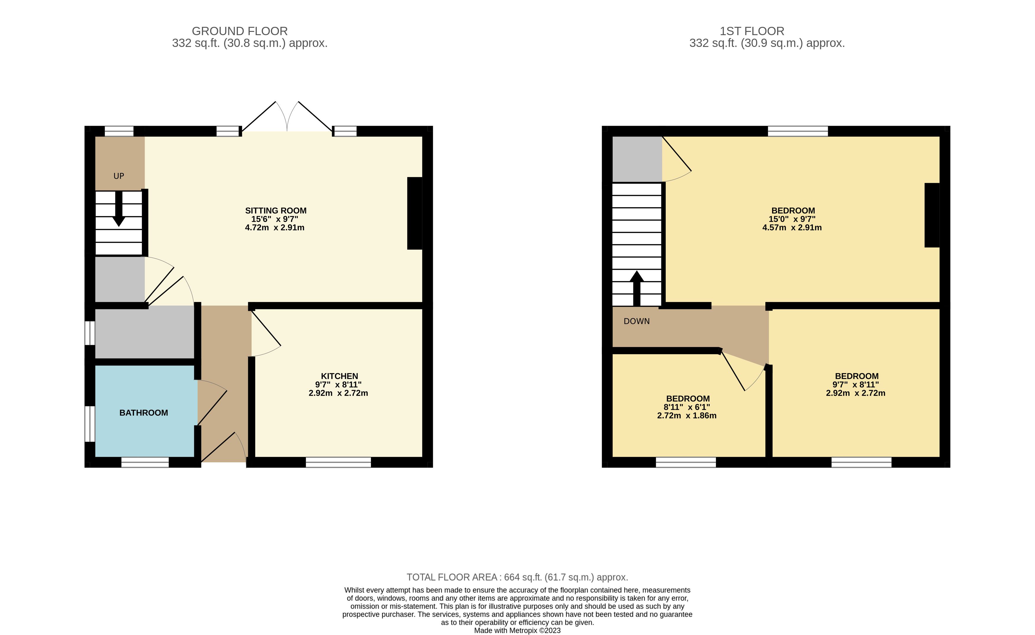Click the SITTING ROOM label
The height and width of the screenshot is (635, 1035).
pyautogui.click(x=276, y=210)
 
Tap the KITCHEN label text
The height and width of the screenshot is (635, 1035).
pyautogui.click(x=339, y=376)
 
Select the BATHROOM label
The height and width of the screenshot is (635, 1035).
pyautogui.click(x=144, y=413)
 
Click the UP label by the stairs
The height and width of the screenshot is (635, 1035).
pyautogui.click(x=119, y=176)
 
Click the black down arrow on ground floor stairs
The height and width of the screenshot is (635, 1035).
pyautogui.click(x=119, y=209)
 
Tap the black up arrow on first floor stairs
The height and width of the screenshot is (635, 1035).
pyautogui.click(x=637, y=288)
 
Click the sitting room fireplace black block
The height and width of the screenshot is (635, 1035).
pyautogui.click(x=415, y=213)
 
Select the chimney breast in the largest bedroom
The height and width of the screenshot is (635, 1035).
pyautogui.click(x=932, y=215)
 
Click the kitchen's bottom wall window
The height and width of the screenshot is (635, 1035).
pyautogui.click(x=338, y=462)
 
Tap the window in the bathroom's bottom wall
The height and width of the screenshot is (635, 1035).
pyautogui.click(x=145, y=462)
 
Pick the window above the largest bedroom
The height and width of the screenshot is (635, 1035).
pyautogui.click(x=798, y=131)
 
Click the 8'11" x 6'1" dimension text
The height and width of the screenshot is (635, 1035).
pyautogui.click(x=687, y=407)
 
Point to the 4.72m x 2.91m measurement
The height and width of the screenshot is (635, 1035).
pyautogui.click(x=275, y=228)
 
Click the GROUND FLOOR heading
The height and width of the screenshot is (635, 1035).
pyautogui.click(x=240, y=31)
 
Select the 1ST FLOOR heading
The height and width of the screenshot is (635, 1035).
pyautogui.click(x=752, y=31)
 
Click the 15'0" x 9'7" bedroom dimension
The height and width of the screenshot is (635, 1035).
pyautogui.click(x=792, y=219)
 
